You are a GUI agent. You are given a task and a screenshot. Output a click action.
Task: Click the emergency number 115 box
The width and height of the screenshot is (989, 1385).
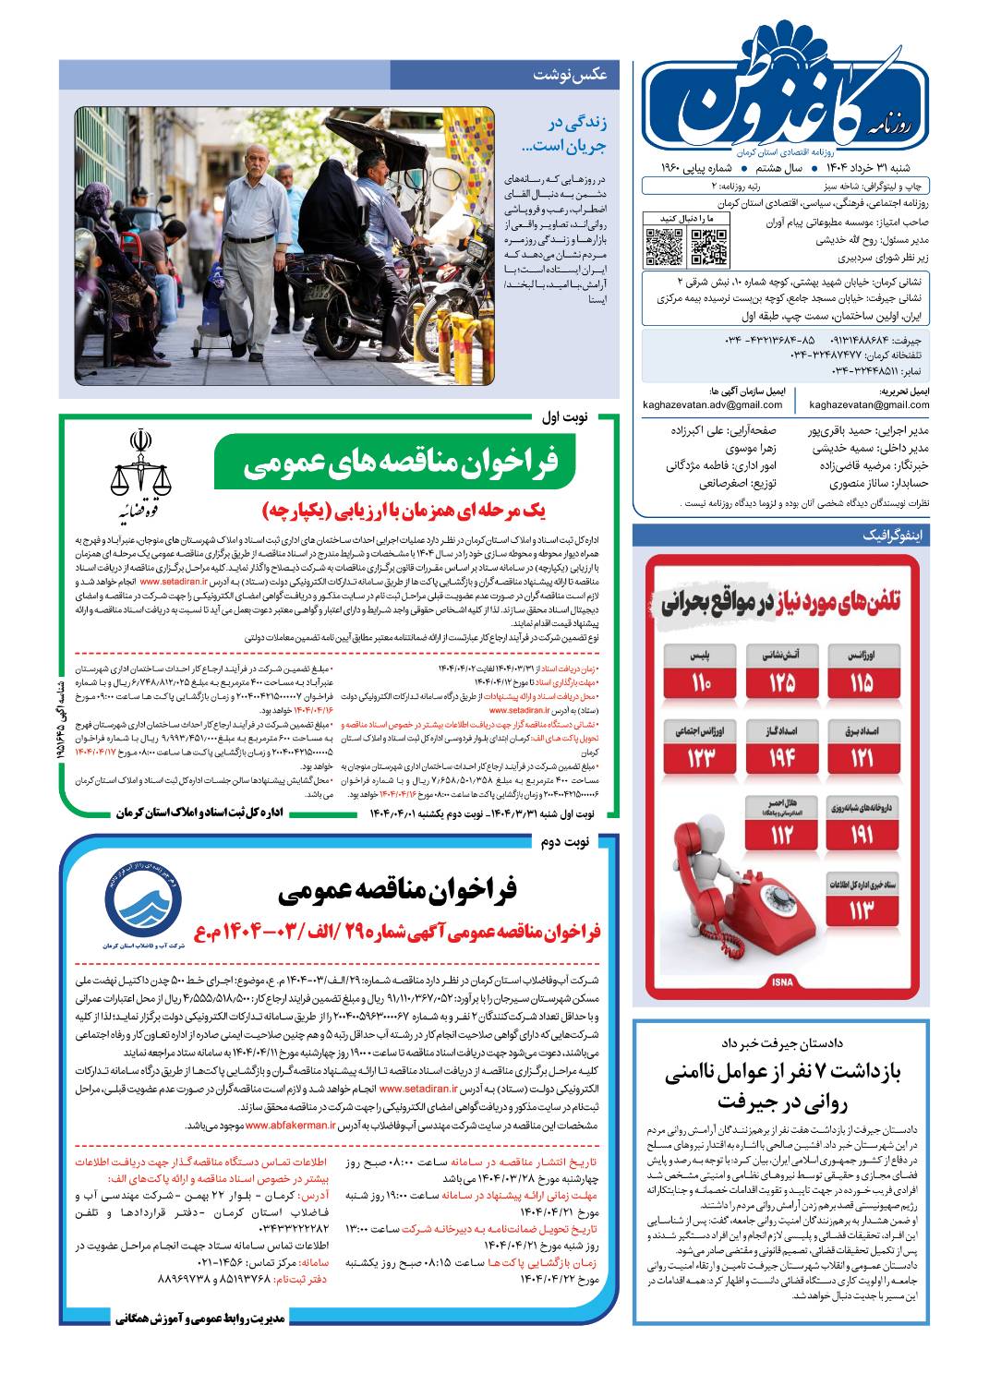pyautogui.click(x=862, y=673)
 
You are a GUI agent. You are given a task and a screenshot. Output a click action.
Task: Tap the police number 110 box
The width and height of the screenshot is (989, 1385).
pyautogui.click(x=700, y=673)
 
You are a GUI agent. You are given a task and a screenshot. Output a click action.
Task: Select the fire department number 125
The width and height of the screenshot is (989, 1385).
pyautogui.click(x=781, y=673)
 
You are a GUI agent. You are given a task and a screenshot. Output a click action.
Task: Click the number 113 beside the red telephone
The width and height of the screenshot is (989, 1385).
pyautogui.click(x=862, y=900)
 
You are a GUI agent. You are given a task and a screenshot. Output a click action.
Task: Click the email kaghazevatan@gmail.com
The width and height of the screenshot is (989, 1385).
pyautogui.click(x=869, y=404)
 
